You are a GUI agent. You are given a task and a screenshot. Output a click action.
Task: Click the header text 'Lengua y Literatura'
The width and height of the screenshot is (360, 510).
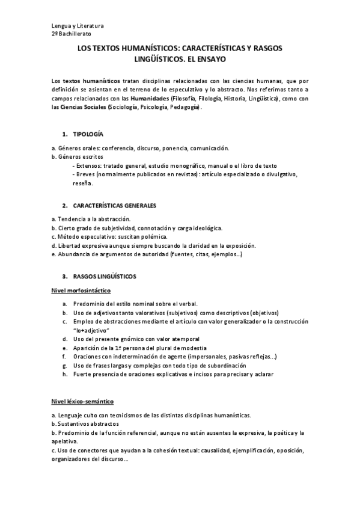tap(78, 26)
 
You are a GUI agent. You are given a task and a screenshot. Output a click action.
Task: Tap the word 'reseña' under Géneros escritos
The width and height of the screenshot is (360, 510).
tap(84, 183)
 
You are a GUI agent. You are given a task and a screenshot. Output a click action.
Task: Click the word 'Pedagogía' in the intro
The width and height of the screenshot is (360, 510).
tap(184, 106)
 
